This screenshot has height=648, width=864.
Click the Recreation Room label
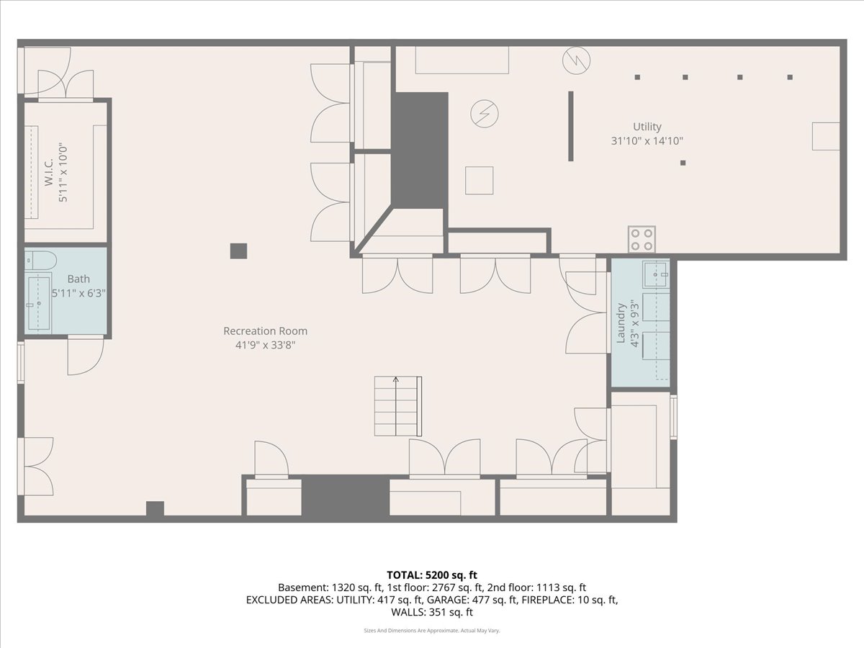pos(265,331)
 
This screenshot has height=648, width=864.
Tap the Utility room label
pos(647,127)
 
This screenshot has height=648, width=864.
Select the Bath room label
pos(78,279)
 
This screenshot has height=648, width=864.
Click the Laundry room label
pos(621,323)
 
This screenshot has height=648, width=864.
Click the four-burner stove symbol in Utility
pos(642,240)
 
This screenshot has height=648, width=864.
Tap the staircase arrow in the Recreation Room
pos(396,406)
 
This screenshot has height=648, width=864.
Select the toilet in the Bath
pos(41,261)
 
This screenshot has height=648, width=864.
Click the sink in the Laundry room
pos(656,274)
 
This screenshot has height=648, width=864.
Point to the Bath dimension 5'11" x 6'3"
pos(78,293)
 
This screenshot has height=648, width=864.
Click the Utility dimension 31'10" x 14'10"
pos(647,141)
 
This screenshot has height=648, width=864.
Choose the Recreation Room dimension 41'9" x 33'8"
pos(265,346)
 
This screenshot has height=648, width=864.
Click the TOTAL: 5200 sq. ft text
pos(432,575)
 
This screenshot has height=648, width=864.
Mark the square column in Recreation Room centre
pos(238,251)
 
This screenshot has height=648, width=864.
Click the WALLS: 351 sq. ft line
pos(432,612)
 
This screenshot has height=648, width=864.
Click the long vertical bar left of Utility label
pos(571,126)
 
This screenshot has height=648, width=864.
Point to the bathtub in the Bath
pos(39,303)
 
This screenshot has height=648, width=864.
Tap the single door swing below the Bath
pos(86,356)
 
